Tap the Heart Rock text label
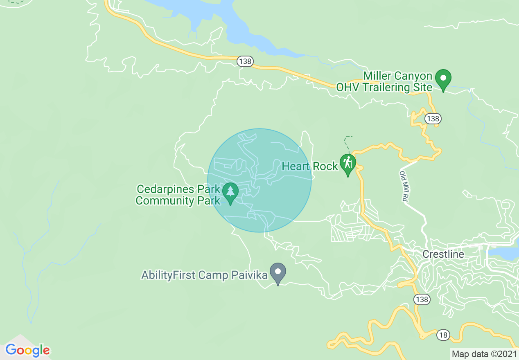(310, 166)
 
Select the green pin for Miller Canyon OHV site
(443, 78)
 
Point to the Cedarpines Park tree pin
(230, 191)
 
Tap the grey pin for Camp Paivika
(278, 272)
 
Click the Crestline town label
(443, 254)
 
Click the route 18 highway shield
(443, 335)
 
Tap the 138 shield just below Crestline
(422, 300)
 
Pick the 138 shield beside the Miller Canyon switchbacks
(433, 119)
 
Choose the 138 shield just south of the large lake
(245, 61)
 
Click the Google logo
(28, 351)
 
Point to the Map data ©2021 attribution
(483, 353)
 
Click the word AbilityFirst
(168, 275)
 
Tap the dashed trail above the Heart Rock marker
(347, 144)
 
